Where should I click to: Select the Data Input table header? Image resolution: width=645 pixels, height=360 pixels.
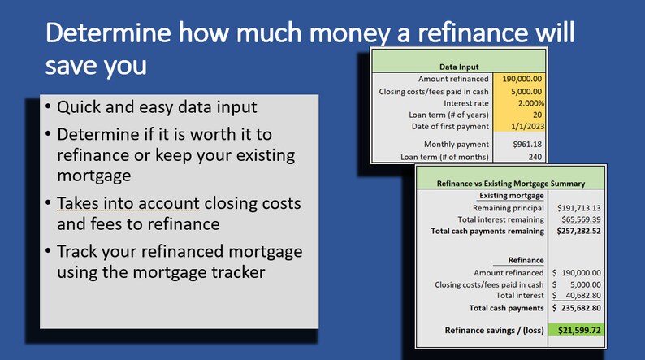point(459,67)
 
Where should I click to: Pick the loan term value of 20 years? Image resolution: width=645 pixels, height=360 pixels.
point(537,115)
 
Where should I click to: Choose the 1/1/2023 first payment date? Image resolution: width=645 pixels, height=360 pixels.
point(526,126)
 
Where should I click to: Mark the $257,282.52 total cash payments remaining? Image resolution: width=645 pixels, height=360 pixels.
point(577,231)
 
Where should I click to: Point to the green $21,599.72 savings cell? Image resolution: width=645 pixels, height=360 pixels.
point(577,331)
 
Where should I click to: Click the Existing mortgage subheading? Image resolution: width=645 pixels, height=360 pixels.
point(510,195)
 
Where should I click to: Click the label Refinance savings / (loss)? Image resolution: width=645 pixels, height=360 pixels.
point(490,331)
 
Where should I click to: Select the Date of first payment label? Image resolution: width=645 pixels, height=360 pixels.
point(446,126)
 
